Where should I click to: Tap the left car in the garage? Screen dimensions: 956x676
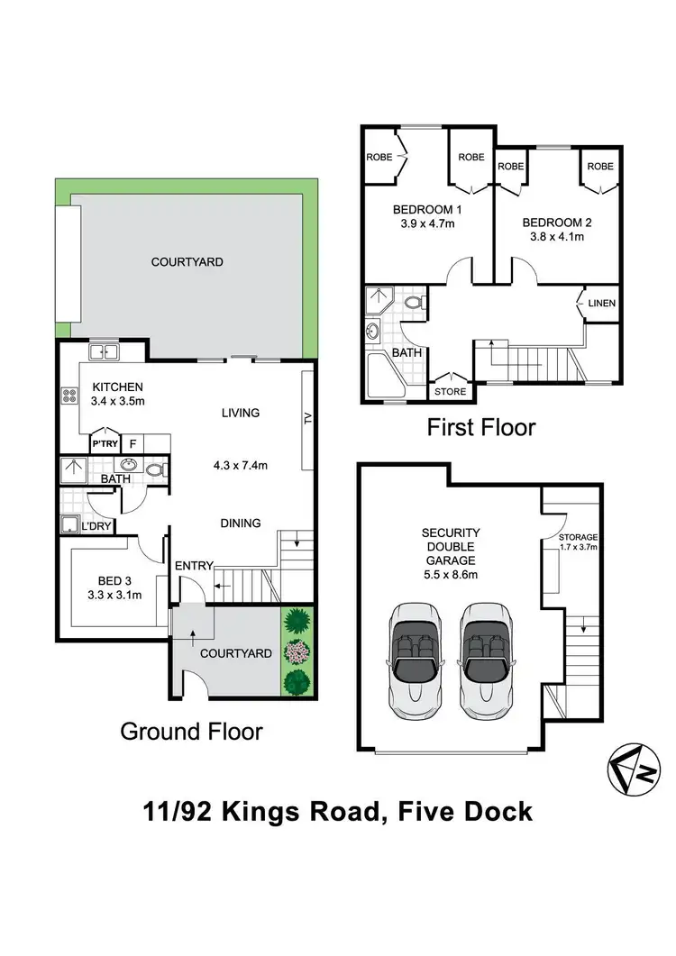(x=416, y=657)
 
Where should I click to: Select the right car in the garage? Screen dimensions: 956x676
(x=488, y=657)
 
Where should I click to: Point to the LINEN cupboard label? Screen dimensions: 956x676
(x=601, y=304)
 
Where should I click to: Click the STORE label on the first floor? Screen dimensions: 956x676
(x=450, y=391)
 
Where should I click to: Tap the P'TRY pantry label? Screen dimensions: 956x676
(x=102, y=444)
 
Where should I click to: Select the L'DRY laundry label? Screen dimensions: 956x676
(x=97, y=524)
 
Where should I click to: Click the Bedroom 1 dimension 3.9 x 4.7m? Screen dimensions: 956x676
(x=427, y=225)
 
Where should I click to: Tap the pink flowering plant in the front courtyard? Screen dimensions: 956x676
(x=297, y=652)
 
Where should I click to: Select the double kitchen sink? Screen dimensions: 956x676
(x=105, y=352)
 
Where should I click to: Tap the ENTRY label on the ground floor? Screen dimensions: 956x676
(x=194, y=566)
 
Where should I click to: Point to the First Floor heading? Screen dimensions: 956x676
(x=480, y=427)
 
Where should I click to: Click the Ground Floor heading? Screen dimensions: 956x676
(x=192, y=731)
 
